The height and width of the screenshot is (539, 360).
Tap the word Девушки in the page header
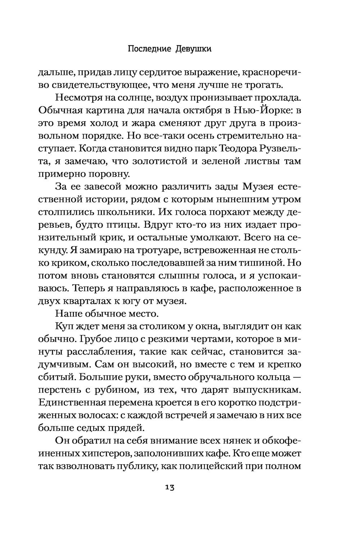[193, 49]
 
